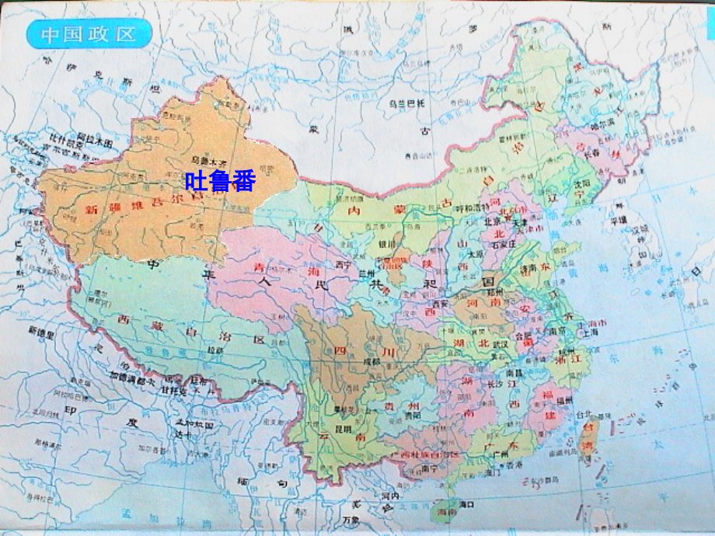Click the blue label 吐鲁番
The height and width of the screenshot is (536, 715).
(220, 180)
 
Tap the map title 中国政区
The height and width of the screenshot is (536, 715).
(89, 34)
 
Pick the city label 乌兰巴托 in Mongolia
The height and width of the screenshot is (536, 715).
(407, 103)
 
